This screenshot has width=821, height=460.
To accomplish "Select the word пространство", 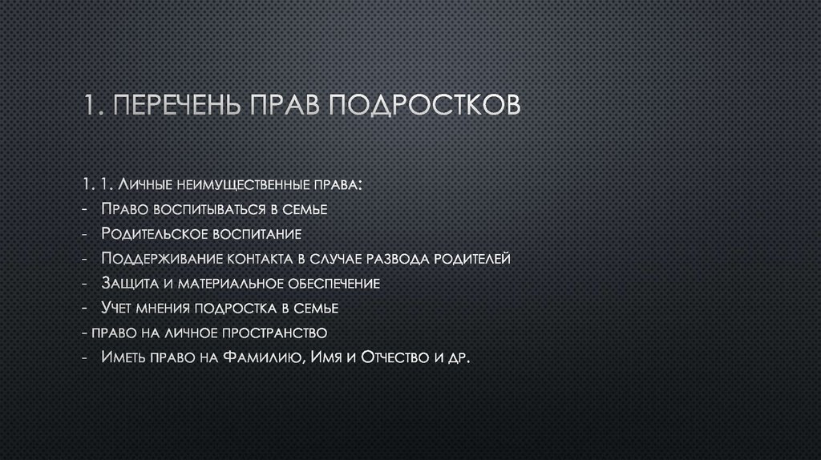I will tap(272, 332).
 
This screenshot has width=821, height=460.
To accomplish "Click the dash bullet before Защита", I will tap(85, 283).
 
